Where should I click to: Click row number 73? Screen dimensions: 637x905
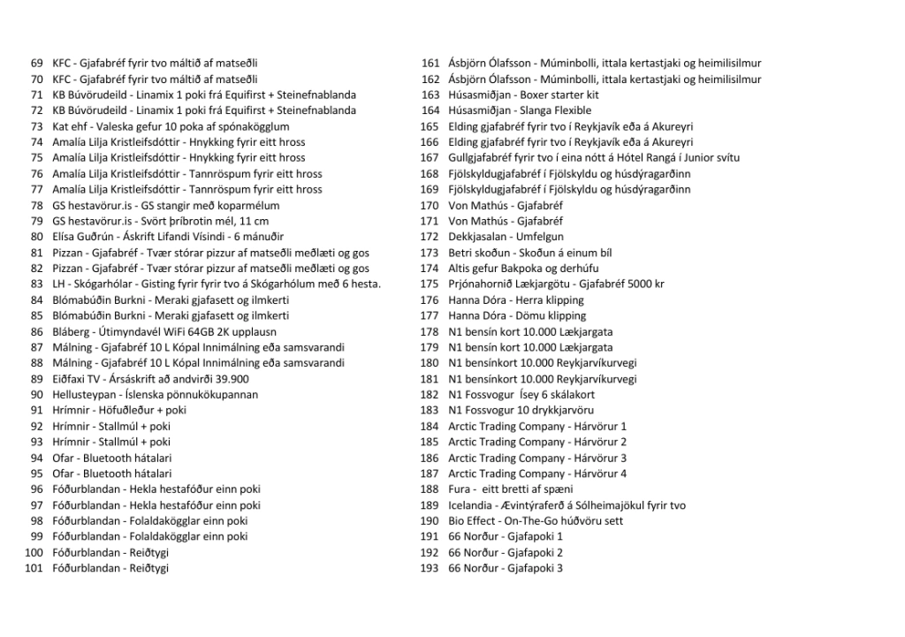[x=36, y=126]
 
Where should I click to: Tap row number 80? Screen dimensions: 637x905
[x=36, y=237]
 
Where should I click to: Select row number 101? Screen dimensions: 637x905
[x=34, y=568]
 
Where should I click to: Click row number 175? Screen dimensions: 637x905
[x=430, y=284]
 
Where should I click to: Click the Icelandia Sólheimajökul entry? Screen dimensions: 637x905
[x=567, y=505]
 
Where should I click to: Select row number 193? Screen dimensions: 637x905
[x=430, y=568]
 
